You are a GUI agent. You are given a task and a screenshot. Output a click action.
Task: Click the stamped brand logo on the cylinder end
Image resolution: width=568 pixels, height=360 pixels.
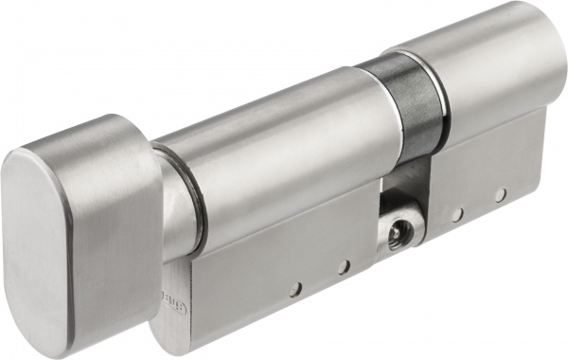click(x=181, y=283)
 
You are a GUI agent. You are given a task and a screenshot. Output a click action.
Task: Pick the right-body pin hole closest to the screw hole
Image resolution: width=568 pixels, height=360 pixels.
click(x=456, y=215)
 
